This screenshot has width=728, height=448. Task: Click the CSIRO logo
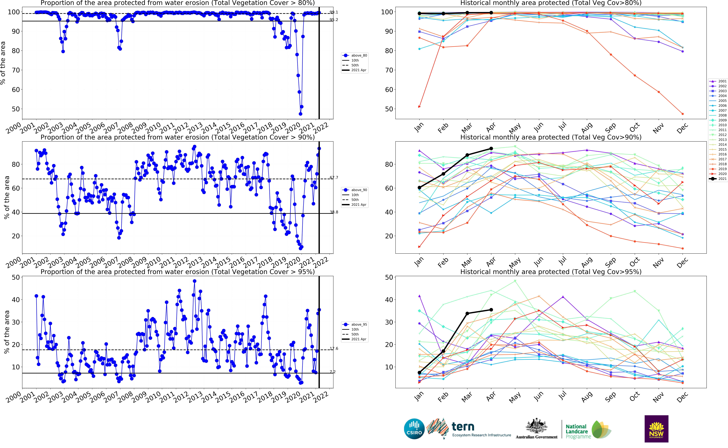[x=414, y=429]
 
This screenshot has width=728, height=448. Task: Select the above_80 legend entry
[x=355, y=55]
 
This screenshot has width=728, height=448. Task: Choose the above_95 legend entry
[x=355, y=324]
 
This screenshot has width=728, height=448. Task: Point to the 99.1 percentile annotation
[x=334, y=12]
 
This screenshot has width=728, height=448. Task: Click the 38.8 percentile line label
[x=334, y=212]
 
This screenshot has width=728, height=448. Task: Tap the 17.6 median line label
[x=334, y=348]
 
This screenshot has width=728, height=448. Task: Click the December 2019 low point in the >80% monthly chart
[x=683, y=114]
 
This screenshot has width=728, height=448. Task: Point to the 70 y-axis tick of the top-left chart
[x=15, y=70]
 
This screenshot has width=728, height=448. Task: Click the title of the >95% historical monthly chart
[x=551, y=272]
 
